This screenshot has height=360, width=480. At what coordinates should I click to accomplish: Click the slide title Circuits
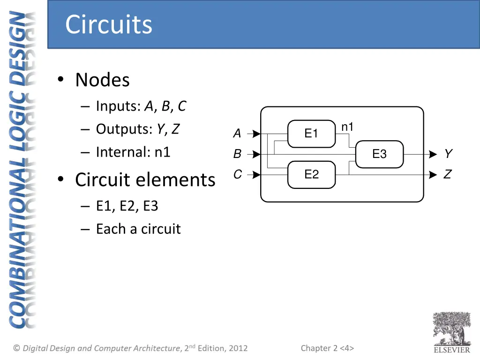pyautogui.click(x=109, y=24)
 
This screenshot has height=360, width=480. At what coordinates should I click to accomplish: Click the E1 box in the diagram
pyautogui.click(x=311, y=134)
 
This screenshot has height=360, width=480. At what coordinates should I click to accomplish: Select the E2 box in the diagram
pyautogui.click(x=311, y=175)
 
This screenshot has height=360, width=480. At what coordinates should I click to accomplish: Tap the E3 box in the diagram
pyautogui.click(x=379, y=154)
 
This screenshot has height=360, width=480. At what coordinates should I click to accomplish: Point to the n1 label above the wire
pyautogui.click(x=347, y=127)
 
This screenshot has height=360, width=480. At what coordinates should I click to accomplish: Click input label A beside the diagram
pyautogui.click(x=237, y=134)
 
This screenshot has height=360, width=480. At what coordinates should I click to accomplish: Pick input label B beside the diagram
pyautogui.click(x=237, y=154)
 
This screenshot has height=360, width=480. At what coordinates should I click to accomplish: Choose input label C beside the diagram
pyautogui.click(x=237, y=175)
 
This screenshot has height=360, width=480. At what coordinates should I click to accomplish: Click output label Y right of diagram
pyautogui.click(x=448, y=154)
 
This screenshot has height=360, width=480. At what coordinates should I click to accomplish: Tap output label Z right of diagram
pyautogui.click(x=448, y=175)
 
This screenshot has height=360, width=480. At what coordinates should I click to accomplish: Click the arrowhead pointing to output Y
pyautogui.click(x=434, y=154)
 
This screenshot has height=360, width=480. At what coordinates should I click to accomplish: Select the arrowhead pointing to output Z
pyautogui.click(x=434, y=175)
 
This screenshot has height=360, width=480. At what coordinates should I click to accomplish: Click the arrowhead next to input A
pyautogui.click(x=256, y=134)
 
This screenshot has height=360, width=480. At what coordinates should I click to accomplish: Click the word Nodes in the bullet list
pyautogui.click(x=102, y=80)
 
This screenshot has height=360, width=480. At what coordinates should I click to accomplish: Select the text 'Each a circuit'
pyautogui.click(x=138, y=229)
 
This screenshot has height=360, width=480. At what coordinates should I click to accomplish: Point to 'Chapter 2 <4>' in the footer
pyautogui.click(x=327, y=348)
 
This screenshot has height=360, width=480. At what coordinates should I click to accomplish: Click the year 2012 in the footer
pyautogui.click(x=238, y=348)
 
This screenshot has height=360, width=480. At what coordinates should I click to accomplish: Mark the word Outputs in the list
pyautogui.click(x=124, y=129)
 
